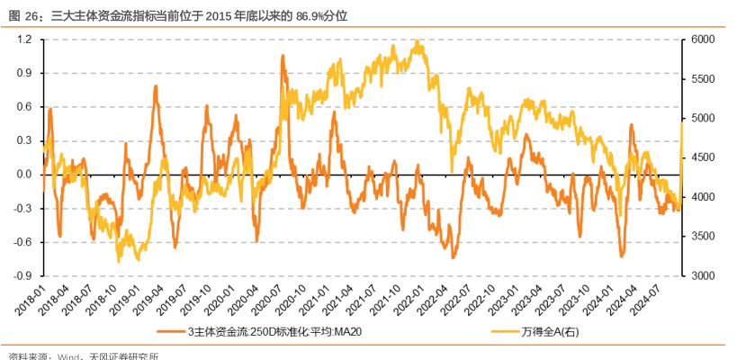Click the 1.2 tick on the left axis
[x=24, y=40]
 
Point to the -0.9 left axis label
[x=22, y=275]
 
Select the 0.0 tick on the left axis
[x=24, y=175]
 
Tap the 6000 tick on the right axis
[x=703, y=40]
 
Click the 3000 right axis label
[x=703, y=275]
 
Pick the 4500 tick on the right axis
[x=703, y=157]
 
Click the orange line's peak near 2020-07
[x=283, y=56]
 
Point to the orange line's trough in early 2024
[x=622, y=256]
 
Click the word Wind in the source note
[x=68, y=355]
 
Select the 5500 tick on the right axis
[x=703, y=79]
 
